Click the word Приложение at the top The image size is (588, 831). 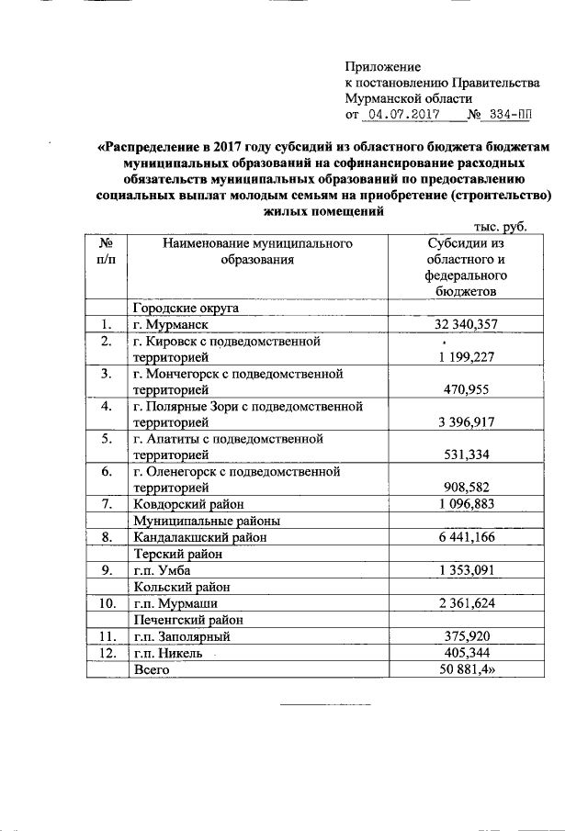[x=382, y=67]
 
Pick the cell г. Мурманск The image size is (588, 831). [x=172, y=324]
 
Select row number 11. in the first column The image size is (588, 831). [x=107, y=636]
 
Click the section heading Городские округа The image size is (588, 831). [x=187, y=308]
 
